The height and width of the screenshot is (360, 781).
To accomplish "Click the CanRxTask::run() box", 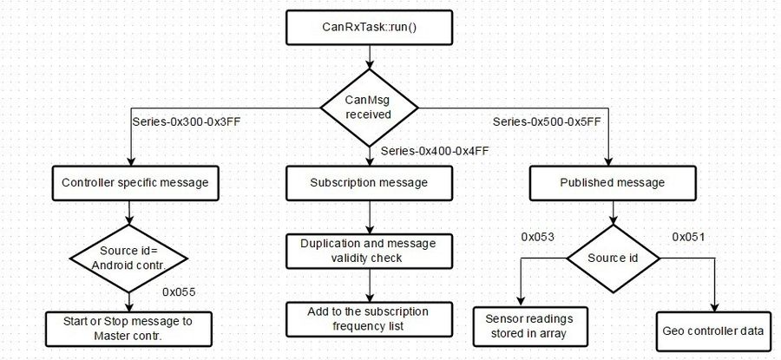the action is [369, 28].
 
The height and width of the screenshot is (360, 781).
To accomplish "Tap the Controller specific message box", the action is [135, 183].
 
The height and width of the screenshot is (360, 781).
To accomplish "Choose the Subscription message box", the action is [369, 183].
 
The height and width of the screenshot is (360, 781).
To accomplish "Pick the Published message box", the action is [612, 183].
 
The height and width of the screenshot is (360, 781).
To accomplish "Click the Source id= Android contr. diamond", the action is [129, 259].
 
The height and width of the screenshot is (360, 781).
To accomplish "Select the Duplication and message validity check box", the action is [369, 251].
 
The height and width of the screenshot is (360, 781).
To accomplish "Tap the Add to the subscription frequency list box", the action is [369, 319].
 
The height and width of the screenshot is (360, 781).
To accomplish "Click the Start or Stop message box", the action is [129, 329].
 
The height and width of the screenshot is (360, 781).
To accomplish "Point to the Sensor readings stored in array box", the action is [529, 327].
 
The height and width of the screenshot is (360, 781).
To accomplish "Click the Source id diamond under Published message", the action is [614, 259].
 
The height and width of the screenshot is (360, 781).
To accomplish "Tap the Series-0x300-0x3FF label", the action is [187, 121].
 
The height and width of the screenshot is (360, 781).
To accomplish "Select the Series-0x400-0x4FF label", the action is [435, 150].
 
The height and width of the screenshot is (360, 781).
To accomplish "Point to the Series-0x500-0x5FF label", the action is [547, 121].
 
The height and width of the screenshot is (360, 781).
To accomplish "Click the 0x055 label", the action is [179, 292].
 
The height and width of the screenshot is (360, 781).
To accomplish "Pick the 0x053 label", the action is [537, 237].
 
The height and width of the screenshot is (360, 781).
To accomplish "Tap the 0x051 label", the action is [688, 237].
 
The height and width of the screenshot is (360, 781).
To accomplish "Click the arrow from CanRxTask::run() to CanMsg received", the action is [369, 56].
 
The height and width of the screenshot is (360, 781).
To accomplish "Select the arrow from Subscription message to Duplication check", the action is [369, 217].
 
